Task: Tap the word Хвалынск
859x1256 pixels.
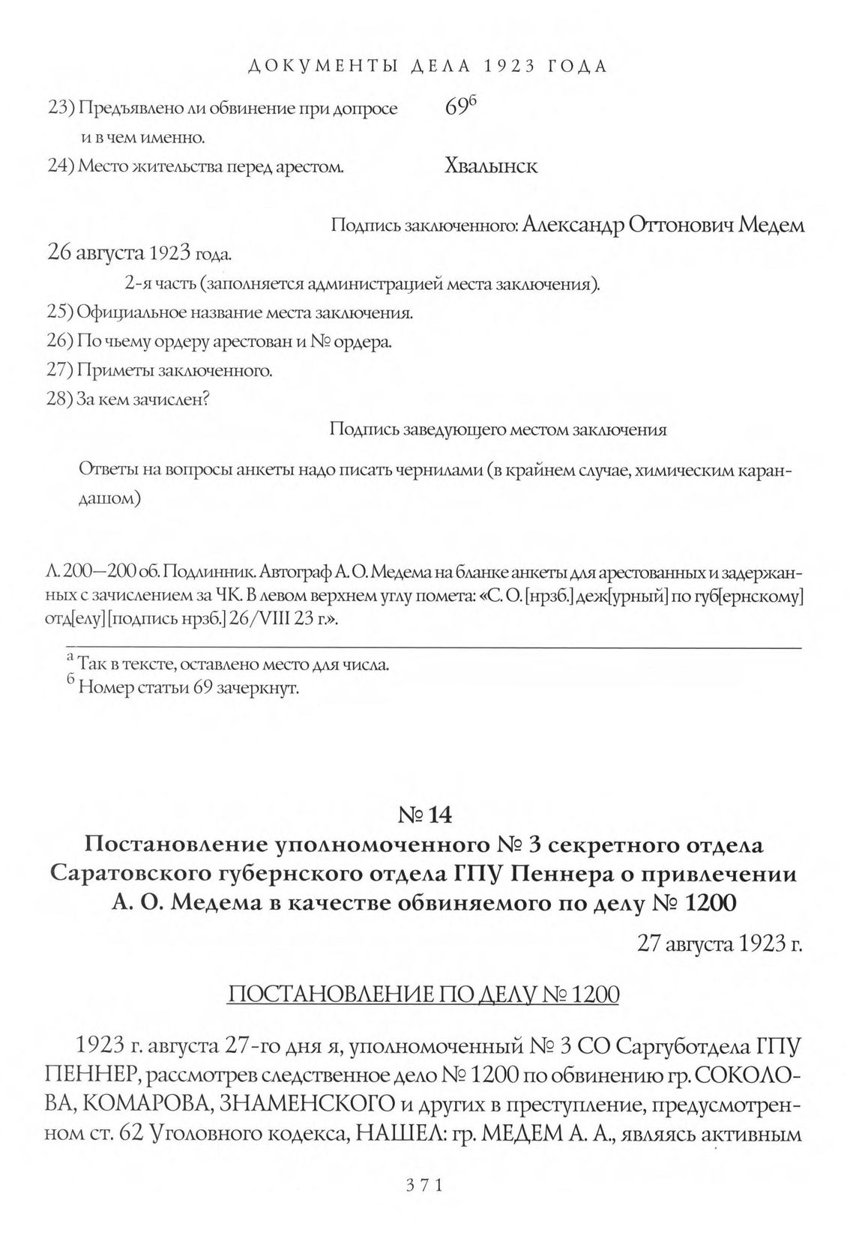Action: (x=491, y=166)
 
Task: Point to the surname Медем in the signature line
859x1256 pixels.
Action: (x=771, y=226)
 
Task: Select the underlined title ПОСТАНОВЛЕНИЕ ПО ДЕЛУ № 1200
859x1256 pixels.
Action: (x=423, y=994)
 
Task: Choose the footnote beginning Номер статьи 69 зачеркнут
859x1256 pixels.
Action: (x=188, y=687)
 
